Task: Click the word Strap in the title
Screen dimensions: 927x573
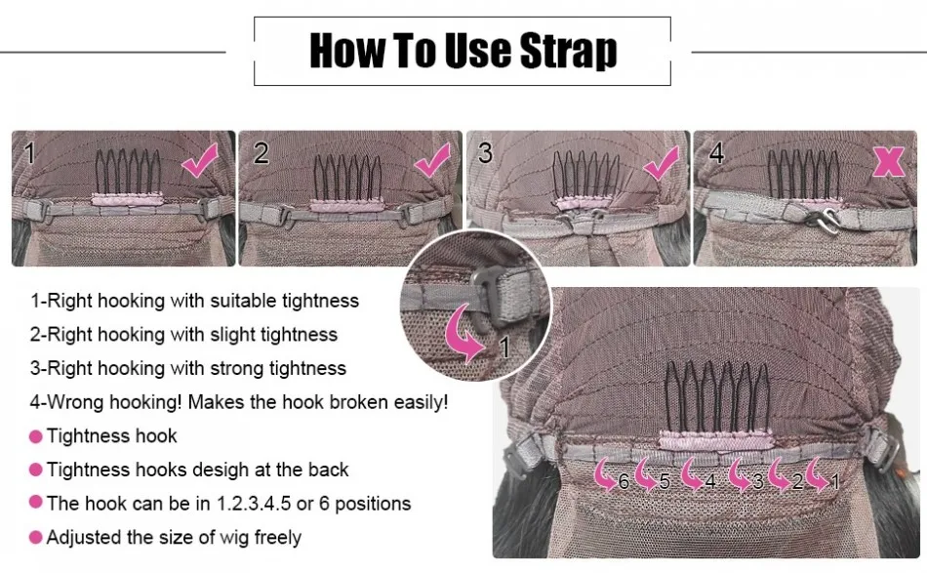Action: (569, 52)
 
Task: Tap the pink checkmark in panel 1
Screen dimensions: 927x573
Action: (200, 160)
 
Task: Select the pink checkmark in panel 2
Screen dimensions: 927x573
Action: (432, 160)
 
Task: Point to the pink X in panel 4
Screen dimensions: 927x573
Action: (889, 161)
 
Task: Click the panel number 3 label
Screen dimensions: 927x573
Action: (485, 153)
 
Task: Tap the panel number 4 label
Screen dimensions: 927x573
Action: (716, 153)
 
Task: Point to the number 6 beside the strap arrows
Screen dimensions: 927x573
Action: (624, 482)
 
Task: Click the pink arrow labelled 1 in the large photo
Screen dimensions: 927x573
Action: (818, 474)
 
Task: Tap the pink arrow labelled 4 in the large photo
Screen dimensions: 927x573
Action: (692, 474)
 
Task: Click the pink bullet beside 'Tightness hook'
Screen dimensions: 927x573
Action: (35, 437)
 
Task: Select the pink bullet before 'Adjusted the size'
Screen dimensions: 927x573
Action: (35, 538)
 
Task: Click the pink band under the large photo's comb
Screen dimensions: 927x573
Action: (716, 440)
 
